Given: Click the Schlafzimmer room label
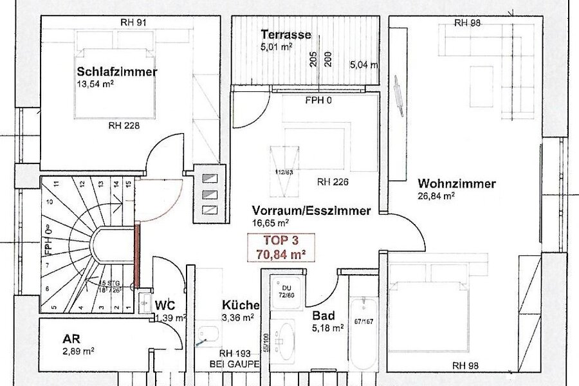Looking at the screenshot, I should point(116,71).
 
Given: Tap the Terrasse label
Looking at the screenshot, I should point(286,35).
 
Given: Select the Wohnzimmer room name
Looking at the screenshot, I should point(456,184).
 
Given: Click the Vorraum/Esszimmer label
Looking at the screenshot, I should point(311,210).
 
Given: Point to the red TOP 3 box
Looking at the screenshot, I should point(281,246).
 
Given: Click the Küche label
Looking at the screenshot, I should point(241,305).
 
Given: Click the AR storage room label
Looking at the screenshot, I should point(71,338).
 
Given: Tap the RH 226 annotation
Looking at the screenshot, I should point(333,182).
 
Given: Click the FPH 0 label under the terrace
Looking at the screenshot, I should point(320,101).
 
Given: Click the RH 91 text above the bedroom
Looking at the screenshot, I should point(133,23).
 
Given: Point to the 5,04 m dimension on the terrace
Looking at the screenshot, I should point(364,65).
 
